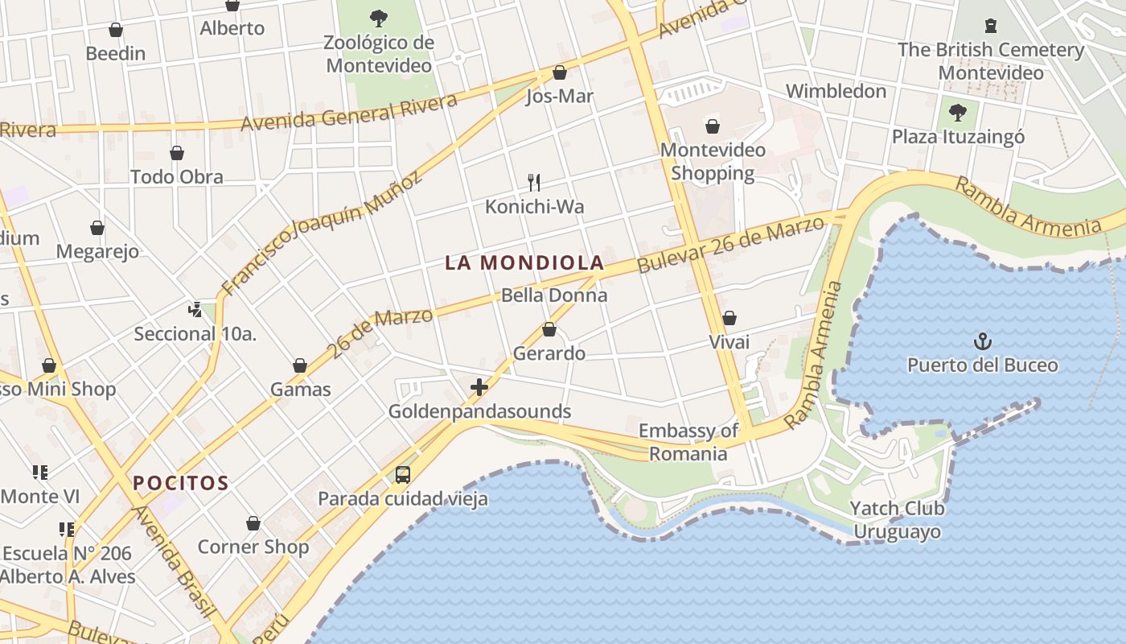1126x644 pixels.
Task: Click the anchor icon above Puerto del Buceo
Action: pos(982,341)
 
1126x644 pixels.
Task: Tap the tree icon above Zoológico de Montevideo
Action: pos(378,18)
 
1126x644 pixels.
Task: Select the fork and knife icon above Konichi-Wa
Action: pos(533,183)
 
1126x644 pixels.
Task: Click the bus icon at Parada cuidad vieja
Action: pos(403,475)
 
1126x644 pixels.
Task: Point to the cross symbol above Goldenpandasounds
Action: pos(479,388)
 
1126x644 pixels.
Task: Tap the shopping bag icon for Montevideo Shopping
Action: pos(712,126)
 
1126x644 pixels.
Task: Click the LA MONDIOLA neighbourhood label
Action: pos(524,262)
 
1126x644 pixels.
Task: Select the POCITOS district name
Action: pos(181,483)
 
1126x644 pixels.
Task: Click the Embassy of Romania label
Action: pos(688,442)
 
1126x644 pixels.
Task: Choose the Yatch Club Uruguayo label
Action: pos(897,520)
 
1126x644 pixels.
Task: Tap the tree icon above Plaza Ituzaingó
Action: pos(957,112)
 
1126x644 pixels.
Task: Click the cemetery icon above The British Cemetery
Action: pos(990,26)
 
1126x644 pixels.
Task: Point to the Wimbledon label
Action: pos(836,91)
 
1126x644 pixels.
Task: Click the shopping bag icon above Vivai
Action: pos(729,318)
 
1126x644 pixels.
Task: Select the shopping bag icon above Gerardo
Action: pos(549,329)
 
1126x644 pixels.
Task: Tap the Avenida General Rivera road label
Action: pos(349,112)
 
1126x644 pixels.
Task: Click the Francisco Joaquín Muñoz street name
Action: pos(321,233)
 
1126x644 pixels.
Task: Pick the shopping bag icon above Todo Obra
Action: pos(177,153)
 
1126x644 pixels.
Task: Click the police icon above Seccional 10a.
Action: pos(195,309)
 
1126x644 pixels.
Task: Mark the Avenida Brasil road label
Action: pos(175,563)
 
